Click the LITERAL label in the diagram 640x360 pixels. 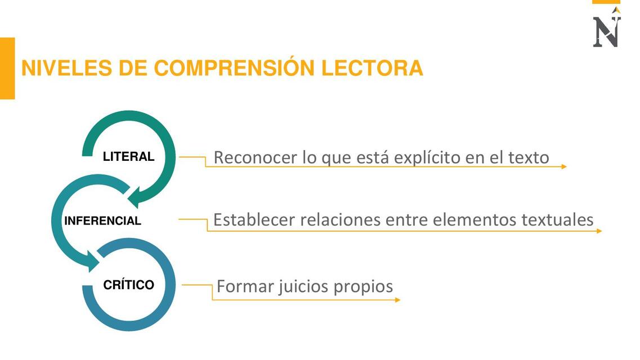pos(128,157)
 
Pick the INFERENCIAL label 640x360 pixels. pos(102,221)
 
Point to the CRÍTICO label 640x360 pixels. pos(128,285)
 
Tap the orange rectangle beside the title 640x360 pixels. pos(7,68)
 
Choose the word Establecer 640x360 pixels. pos(254,220)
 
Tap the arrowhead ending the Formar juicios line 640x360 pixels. pos(397,300)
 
